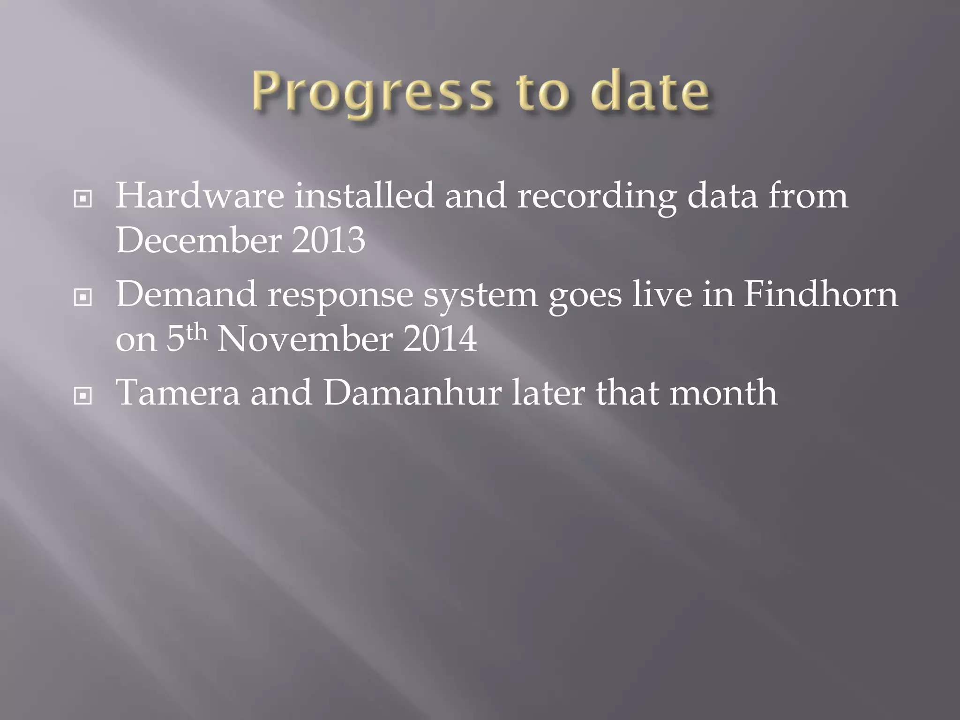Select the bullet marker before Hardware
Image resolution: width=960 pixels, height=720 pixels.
coord(83,199)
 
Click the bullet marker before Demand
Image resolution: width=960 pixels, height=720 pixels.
coord(83,297)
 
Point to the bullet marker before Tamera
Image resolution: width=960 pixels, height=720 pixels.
coord(83,396)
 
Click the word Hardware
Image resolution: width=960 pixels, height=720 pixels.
coord(200,195)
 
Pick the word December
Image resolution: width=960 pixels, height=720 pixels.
coord(199,240)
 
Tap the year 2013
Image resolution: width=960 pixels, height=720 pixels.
coord(328,240)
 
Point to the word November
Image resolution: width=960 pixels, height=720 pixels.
coord(305,339)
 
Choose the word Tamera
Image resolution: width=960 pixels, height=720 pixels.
coord(178,392)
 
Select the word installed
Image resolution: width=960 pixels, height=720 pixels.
coord(364,195)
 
